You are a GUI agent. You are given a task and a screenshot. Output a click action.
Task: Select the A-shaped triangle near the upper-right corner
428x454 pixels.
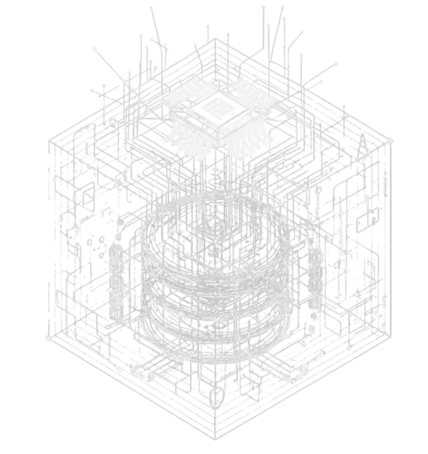pos(363,147)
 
